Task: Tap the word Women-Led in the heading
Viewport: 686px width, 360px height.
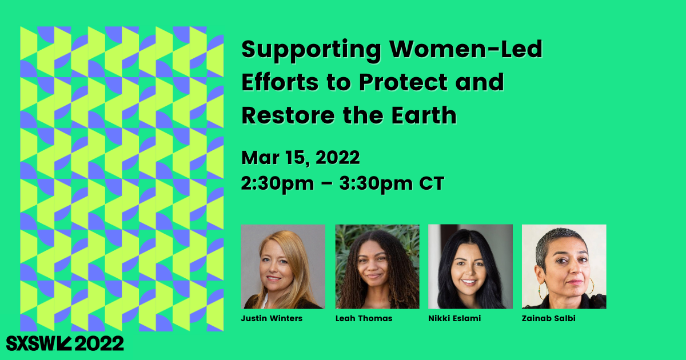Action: click(x=466, y=49)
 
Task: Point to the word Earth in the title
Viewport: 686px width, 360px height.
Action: click(x=424, y=115)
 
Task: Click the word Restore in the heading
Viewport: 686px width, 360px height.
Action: click(x=288, y=115)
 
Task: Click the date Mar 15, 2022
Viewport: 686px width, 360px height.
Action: click(x=301, y=158)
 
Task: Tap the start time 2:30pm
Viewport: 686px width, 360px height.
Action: click(x=277, y=184)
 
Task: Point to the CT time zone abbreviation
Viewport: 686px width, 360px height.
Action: click(x=432, y=183)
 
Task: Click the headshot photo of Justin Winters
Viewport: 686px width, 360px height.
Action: click(x=284, y=267)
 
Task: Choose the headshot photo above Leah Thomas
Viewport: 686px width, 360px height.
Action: click(x=377, y=267)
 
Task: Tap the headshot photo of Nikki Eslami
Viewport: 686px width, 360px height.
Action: click(x=470, y=267)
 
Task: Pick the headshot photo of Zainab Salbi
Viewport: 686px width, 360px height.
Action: click(x=564, y=267)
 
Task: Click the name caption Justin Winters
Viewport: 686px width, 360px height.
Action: click(x=272, y=318)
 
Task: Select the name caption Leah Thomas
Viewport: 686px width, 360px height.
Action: click(x=364, y=318)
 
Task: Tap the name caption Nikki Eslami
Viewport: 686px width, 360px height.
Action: click(x=454, y=318)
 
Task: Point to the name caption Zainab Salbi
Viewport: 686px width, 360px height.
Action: click(x=548, y=318)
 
